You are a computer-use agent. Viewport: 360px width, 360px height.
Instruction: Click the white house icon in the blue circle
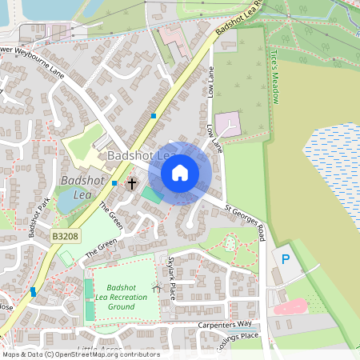(x=180, y=173)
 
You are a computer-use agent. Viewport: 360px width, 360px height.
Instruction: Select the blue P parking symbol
(x=285, y=258)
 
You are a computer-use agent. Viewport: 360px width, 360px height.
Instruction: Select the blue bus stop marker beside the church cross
(x=115, y=183)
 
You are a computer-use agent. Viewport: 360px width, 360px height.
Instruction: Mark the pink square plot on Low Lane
(x=227, y=124)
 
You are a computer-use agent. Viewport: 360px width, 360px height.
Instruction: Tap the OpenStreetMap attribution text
(x=80, y=354)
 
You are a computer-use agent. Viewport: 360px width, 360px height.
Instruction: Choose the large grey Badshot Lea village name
(x=142, y=155)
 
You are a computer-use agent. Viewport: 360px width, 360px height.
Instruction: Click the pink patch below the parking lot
(x=290, y=307)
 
